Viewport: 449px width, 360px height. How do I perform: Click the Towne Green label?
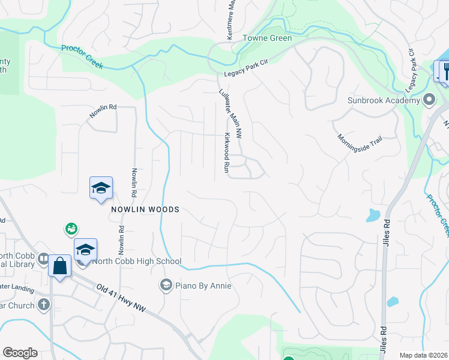tap(267, 38)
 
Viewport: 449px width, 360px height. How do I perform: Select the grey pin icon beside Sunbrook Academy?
tap(429, 99)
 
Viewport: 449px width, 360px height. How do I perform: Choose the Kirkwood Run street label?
tap(227, 153)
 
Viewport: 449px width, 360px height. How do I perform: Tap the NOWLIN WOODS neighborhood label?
tap(144, 209)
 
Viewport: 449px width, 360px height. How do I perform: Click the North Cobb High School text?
tap(136, 261)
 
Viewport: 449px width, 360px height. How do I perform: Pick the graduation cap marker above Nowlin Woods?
tap(101, 188)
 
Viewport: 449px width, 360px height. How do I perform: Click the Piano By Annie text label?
tap(203, 286)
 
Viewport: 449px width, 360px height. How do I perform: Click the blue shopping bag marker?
tap(60, 265)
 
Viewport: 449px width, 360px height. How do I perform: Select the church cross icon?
tap(43, 304)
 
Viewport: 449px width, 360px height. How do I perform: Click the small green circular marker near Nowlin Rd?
tap(71, 228)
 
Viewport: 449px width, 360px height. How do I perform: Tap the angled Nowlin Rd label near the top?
tap(103, 111)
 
